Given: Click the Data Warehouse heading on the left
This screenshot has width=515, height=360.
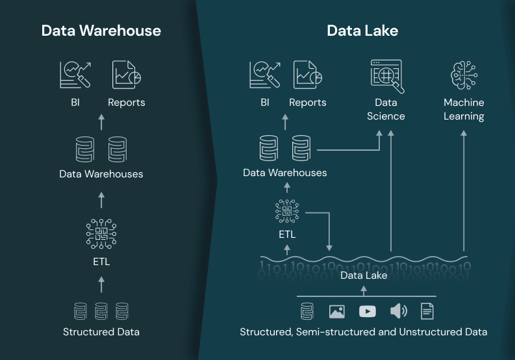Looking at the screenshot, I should point(101,31).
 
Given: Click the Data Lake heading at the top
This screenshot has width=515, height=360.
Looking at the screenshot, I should point(362,31).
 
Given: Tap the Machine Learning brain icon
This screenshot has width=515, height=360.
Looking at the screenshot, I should point(464,75).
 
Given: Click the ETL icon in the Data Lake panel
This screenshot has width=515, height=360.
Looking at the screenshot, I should point(287,212).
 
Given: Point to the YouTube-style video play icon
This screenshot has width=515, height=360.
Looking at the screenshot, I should point(367,311).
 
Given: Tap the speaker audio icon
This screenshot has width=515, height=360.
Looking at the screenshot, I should point(398,311).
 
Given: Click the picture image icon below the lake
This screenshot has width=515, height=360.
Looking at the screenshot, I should point(336,311).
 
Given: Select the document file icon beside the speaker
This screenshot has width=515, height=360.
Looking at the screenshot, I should point(427,311).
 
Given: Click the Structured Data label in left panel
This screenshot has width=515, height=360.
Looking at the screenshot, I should point(101,332).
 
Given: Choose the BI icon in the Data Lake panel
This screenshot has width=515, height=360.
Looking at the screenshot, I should point(264,75).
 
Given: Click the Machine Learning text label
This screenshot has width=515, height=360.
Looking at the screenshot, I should point(464,109).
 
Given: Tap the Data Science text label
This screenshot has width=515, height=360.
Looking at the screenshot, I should point(386,109).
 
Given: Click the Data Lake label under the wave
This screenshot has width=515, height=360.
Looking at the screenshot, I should point(364,276).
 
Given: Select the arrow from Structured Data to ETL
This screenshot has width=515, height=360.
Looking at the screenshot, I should point(101,283).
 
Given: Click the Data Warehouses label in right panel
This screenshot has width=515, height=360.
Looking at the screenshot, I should point(284,173).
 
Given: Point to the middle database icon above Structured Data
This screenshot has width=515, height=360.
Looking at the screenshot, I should point(101,311).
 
